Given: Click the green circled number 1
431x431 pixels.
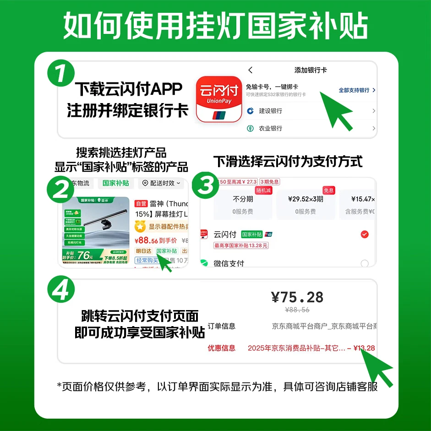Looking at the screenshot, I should click(x=61, y=74).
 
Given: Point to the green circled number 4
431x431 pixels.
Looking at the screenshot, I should click(x=61, y=288).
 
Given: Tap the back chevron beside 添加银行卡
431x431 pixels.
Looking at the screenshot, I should click(x=250, y=70).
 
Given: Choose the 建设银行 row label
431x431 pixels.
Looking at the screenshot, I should click(x=270, y=111).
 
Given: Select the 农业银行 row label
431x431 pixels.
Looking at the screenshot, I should click(x=270, y=129).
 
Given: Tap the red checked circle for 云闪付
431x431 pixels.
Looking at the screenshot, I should click(x=365, y=235).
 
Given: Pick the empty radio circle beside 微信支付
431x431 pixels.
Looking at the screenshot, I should click(x=365, y=263).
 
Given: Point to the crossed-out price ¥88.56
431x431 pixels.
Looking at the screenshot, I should click(x=297, y=310).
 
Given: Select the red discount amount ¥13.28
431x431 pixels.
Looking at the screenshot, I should click(x=364, y=348).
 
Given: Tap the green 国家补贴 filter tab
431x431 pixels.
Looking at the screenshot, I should click(x=116, y=183).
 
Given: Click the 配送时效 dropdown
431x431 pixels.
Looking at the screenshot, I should click(x=161, y=183).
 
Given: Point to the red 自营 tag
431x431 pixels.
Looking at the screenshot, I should click(x=141, y=203).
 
